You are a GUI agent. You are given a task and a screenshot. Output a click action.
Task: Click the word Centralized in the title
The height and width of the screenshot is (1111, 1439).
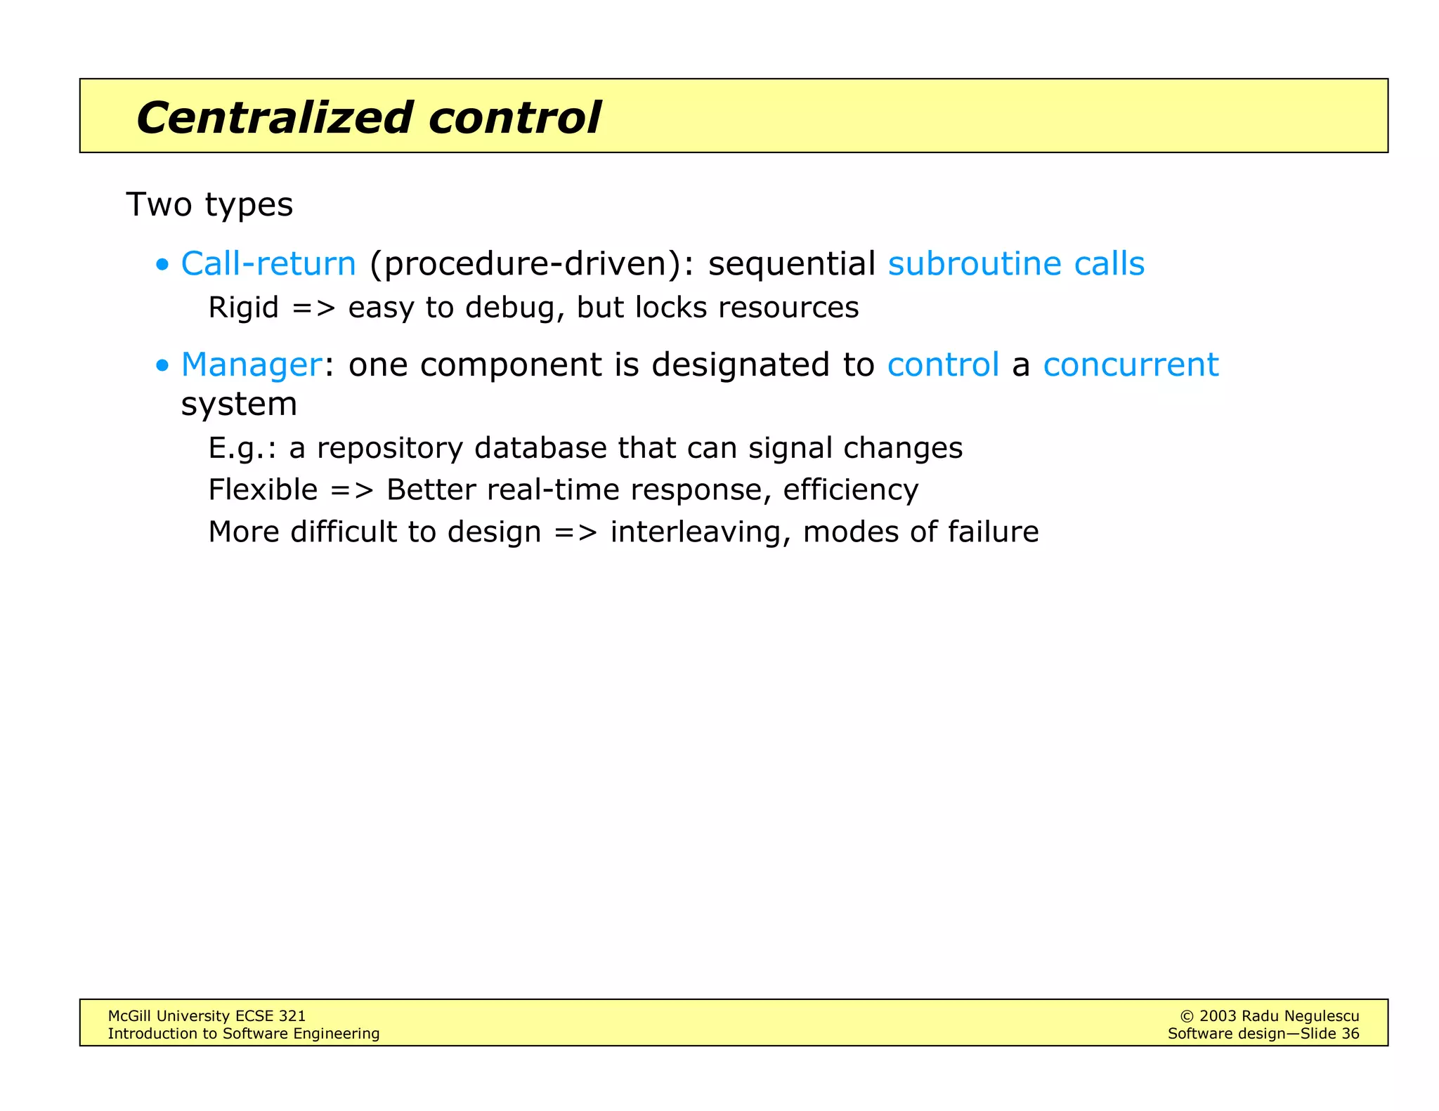click(274, 117)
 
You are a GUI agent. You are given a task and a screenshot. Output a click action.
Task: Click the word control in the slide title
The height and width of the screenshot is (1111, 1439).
click(514, 117)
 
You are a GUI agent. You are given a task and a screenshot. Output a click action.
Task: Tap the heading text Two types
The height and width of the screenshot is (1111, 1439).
click(209, 205)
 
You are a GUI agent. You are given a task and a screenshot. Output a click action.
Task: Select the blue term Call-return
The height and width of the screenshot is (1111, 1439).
click(268, 264)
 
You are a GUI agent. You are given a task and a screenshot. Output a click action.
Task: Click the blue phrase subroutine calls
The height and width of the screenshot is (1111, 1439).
click(1016, 264)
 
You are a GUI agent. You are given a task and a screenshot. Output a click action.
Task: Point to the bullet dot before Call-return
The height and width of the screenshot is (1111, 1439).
click(163, 265)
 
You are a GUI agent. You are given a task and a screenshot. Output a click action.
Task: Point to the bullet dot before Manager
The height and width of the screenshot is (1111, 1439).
click(163, 366)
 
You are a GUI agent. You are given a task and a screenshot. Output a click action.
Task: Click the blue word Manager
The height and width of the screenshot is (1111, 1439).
click(252, 365)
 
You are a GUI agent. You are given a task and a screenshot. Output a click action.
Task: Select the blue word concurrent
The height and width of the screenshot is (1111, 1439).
click(1131, 365)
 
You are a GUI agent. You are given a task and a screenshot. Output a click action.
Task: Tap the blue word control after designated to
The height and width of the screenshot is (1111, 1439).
click(943, 365)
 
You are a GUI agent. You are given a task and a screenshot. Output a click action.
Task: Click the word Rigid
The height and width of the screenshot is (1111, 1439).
click(243, 308)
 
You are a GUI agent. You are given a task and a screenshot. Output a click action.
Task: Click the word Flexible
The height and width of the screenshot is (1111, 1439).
click(263, 489)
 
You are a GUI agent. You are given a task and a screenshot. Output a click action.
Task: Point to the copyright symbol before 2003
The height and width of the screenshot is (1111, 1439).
click(1187, 1016)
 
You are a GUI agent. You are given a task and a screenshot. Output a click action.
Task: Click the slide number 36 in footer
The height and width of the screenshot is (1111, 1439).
click(1350, 1034)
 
